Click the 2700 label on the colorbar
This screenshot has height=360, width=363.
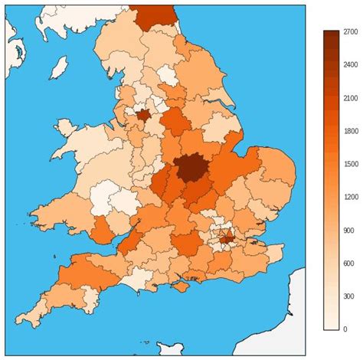[350, 31]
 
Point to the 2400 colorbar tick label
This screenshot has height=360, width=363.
[350, 64]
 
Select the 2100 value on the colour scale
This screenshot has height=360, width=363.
[350, 98]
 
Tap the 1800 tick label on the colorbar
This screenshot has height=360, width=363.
[350, 131]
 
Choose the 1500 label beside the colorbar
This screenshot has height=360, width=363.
[350, 164]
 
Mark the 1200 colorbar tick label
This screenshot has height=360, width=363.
[350, 197]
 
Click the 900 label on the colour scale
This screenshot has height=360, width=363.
[348, 231]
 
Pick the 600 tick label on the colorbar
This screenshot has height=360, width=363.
[348, 263]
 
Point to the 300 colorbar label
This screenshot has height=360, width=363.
[348, 296]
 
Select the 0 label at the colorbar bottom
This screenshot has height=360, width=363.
[345, 329]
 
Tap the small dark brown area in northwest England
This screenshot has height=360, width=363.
[142, 114]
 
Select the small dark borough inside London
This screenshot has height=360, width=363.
[227, 238]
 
